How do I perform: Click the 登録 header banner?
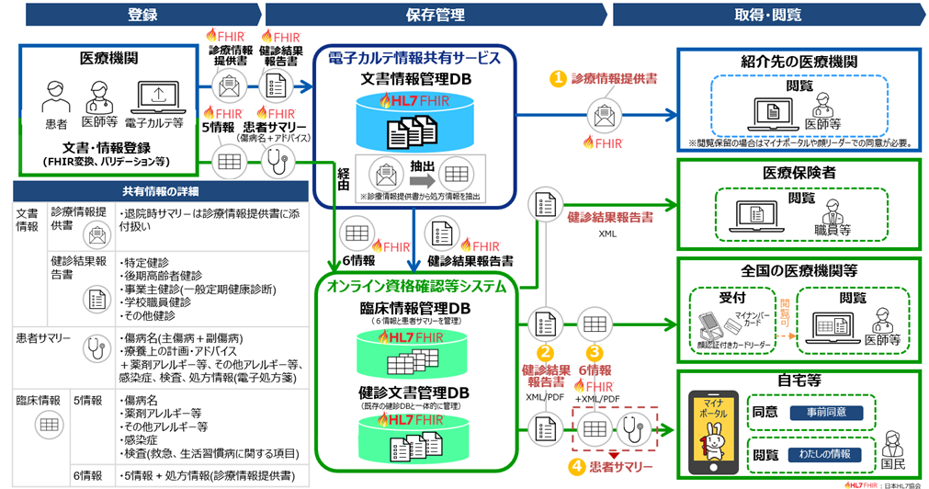coord(142,15)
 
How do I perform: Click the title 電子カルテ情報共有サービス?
coord(414,58)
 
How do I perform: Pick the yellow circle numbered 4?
coord(576,466)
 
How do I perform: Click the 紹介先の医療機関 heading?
coord(799,61)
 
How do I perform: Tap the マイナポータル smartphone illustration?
coord(712,424)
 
